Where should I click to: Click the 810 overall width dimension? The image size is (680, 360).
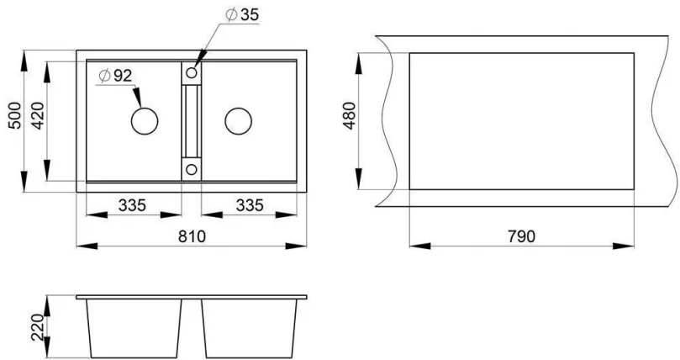[x=192, y=236]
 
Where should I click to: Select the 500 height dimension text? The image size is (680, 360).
[x=14, y=117]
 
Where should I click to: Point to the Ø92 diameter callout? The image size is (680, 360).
[x=115, y=77]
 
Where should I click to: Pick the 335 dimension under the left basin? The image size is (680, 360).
[x=133, y=204]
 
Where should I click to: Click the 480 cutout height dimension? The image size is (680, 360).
[x=351, y=119]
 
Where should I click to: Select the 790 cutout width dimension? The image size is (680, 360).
[x=520, y=236]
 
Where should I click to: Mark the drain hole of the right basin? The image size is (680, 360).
[x=238, y=120]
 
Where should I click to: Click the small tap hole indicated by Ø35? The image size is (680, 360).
[x=192, y=74]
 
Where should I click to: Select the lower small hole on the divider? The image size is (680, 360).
[x=192, y=169]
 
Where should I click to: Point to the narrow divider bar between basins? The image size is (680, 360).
[x=192, y=122]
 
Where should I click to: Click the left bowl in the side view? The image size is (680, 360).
[x=134, y=328]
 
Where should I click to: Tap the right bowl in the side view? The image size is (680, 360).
[x=250, y=328]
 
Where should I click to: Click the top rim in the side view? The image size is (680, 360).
[x=192, y=298]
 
